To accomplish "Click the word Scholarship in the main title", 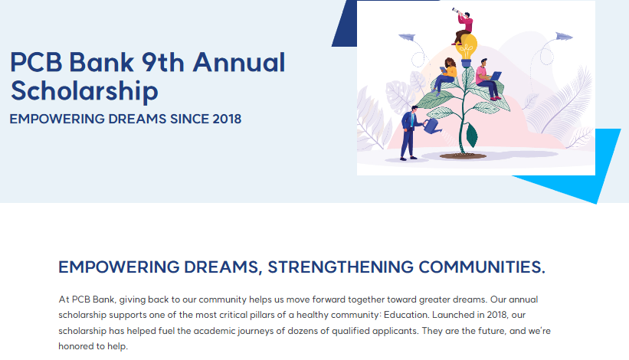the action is (x=84, y=91).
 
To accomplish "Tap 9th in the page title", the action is (x=162, y=63).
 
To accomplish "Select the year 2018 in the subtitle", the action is (x=227, y=119).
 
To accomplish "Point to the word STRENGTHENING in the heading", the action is (x=341, y=267).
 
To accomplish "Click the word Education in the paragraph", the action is (x=406, y=315).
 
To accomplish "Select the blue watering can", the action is (x=432, y=126).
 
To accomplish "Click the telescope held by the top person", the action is (x=457, y=11).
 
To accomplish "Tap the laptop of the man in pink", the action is (x=495, y=76).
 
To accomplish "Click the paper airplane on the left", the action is (x=407, y=38).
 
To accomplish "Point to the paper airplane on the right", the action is (x=564, y=37).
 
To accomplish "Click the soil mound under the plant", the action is (x=463, y=155).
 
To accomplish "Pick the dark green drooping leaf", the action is (x=472, y=135).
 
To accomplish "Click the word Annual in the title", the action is (x=239, y=63).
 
